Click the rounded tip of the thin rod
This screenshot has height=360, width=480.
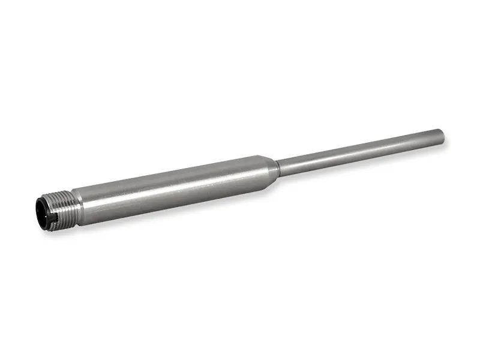(442, 136)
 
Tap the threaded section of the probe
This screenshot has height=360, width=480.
(60, 203)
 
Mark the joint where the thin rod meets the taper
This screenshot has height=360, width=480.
(279, 164)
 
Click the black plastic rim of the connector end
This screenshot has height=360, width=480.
(37, 207)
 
